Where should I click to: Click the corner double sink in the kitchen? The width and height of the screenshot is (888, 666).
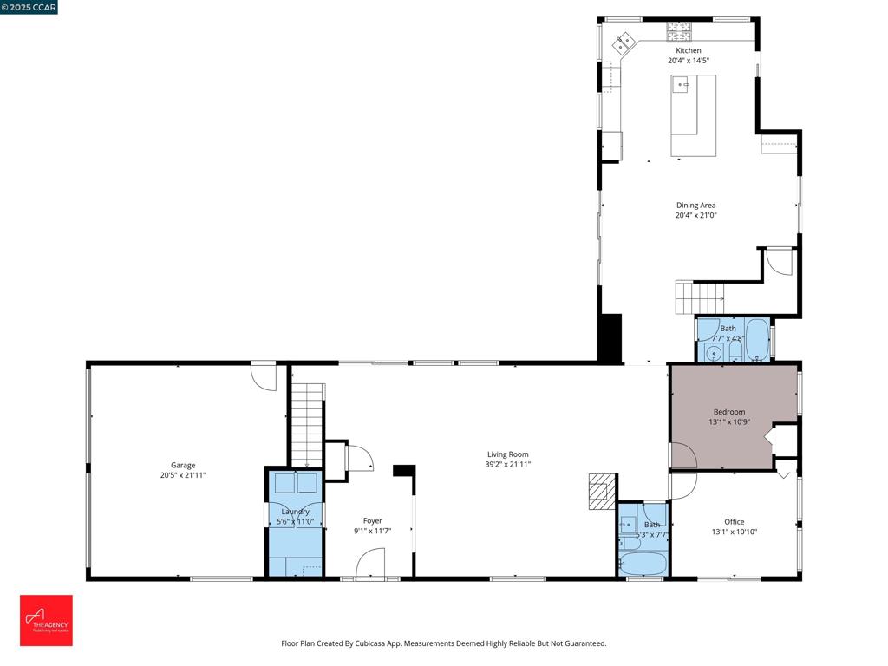click(624, 41)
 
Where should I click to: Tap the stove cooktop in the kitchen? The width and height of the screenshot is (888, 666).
click(680, 32)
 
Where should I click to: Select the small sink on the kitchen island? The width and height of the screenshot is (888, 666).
click(682, 85)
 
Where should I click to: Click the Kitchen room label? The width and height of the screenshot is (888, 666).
click(689, 50)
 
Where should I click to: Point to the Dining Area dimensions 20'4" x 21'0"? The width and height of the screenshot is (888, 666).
click(695, 215)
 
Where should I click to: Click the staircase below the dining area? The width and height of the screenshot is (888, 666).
click(699, 297)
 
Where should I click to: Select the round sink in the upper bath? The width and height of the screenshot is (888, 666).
click(715, 352)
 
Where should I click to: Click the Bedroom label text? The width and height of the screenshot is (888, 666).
click(728, 412)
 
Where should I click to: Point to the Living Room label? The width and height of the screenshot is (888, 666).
click(507, 454)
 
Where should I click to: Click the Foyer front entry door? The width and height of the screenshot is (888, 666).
click(370, 565)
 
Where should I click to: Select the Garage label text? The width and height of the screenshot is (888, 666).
click(182, 465)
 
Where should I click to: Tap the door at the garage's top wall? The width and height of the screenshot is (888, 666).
click(263, 375)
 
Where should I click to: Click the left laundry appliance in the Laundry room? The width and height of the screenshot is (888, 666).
click(284, 483)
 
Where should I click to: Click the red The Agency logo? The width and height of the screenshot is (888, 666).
click(47, 620)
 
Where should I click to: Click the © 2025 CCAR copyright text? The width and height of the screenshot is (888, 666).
click(29, 7)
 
